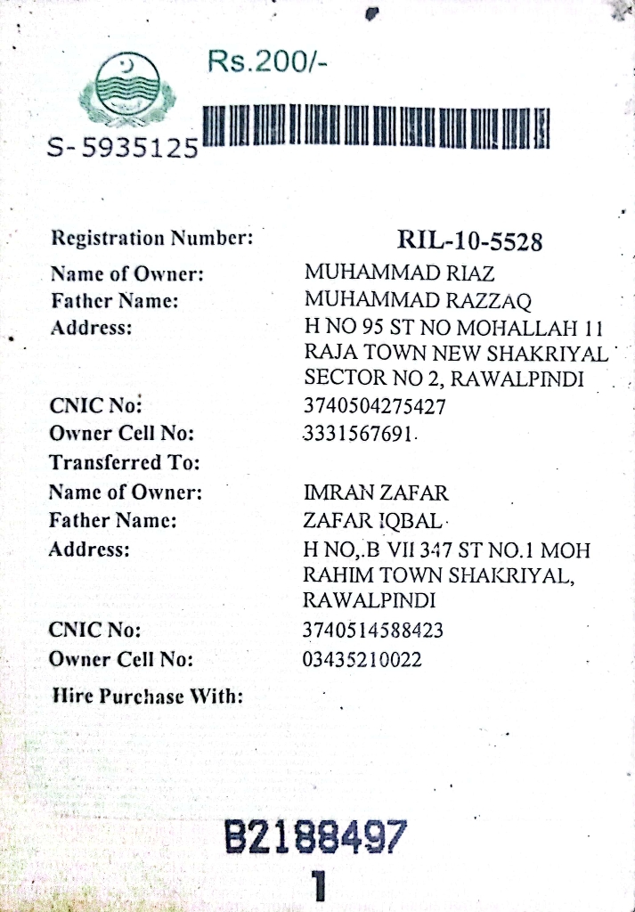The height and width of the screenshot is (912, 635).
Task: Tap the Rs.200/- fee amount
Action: coord(267,62)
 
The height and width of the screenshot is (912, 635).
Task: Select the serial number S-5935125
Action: coord(122,148)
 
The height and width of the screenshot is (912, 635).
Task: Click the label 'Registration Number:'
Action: coord(152,238)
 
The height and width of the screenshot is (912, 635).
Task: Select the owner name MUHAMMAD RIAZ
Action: coord(399,273)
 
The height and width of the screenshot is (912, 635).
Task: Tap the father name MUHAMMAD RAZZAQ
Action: coord(418,299)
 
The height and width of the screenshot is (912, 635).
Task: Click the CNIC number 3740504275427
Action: coord(374,407)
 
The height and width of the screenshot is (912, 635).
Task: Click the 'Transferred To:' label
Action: coord(124,463)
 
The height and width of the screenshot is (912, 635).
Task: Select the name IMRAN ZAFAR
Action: coord(376,493)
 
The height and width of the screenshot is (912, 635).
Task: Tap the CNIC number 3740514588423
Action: coord(374,631)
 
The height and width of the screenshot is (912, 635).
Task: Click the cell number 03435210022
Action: coord(362,660)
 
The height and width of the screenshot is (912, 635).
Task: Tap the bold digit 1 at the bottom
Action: coord(318,885)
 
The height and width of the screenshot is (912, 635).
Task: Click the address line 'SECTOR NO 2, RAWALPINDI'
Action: coord(444,379)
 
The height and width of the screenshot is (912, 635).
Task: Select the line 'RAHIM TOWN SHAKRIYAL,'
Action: coord(440,575)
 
